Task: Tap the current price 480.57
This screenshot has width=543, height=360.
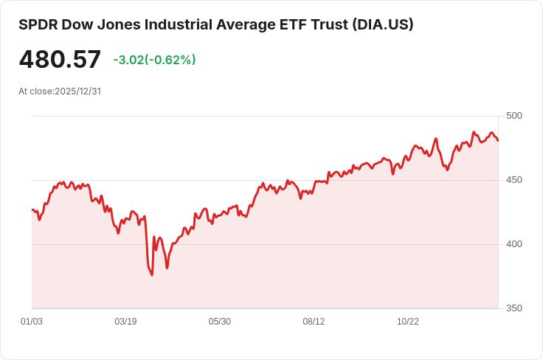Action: [x=60, y=60]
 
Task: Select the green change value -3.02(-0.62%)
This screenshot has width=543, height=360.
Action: [x=154, y=60]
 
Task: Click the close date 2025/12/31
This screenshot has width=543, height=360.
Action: [x=77, y=91]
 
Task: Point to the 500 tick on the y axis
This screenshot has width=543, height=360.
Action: [x=514, y=116]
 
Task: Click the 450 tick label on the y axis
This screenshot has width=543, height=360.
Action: [x=514, y=180]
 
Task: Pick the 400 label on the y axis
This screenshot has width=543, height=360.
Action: [x=514, y=244]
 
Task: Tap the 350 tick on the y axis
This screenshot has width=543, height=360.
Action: [x=514, y=308]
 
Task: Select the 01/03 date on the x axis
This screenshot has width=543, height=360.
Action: [x=32, y=322]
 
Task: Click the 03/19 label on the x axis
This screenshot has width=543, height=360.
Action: [x=125, y=322]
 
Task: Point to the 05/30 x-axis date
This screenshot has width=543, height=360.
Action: [x=220, y=322]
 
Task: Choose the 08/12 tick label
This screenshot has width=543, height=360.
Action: [x=314, y=322]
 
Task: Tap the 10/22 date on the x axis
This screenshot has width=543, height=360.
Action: [x=408, y=322]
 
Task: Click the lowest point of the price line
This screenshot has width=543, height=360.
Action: [x=152, y=275]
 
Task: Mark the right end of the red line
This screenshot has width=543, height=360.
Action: [x=498, y=140]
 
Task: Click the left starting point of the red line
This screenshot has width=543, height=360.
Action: [x=32, y=210]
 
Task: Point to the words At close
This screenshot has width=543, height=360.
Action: [x=35, y=91]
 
